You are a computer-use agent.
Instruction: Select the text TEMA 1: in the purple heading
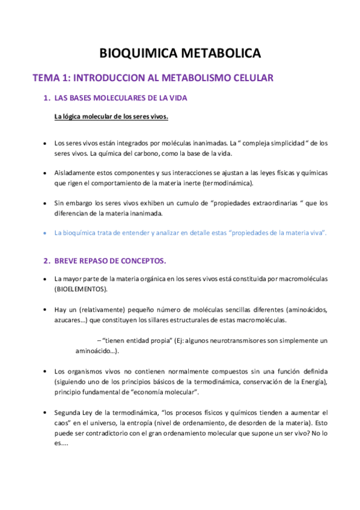coord(50,78)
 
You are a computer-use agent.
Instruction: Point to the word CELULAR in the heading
coord(251,78)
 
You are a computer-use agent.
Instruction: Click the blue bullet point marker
coord(46,232)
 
